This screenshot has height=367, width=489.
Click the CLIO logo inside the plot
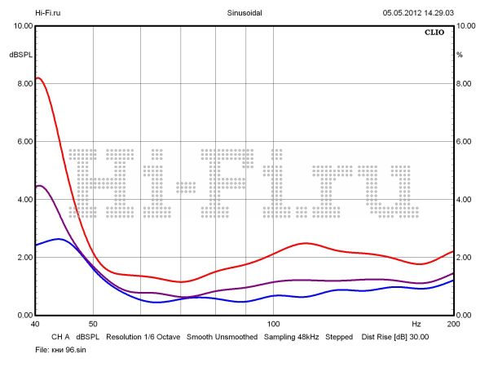pos(434,34)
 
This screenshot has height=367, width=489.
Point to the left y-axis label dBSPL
pos(20,55)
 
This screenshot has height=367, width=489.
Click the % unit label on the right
pos(460,55)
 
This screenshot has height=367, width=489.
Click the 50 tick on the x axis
pos(93,325)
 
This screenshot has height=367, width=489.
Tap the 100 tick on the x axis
pos(274,325)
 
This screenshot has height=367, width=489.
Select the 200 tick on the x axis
pos(453,325)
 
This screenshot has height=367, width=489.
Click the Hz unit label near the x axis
pos(416,325)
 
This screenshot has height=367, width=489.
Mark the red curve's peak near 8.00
pos(38,78)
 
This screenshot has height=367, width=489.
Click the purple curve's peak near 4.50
pos(40,186)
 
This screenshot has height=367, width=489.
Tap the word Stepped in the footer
pos(339,336)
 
